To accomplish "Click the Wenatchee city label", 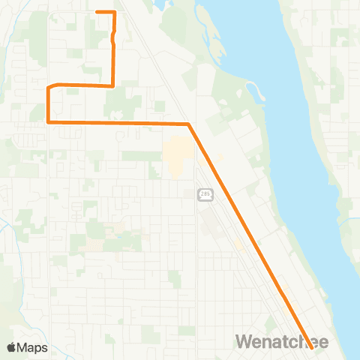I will pyautogui.click(x=281, y=341).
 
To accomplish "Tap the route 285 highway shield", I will pyautogui.click(x=205, y=195).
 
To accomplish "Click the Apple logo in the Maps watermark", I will pyautogui.click(x=11, y=347).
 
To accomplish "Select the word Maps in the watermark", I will pyautogui.click(x=33, y=347).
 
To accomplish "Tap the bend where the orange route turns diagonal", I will pyautogui.click(x=187, y=123).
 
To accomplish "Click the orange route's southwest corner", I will pyautogui.click(x=48, y=121).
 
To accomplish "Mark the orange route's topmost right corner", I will pyautogui.click(x=114, y=12).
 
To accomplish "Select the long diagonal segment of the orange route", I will pyautogui.click(x=247, y=229).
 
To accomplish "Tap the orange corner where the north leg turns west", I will pyautogui.click(x=112, y=85).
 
